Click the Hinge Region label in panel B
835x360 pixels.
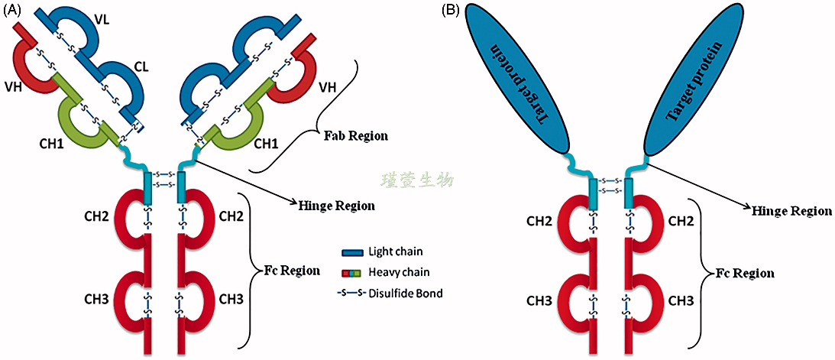[x=792, y=210]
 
